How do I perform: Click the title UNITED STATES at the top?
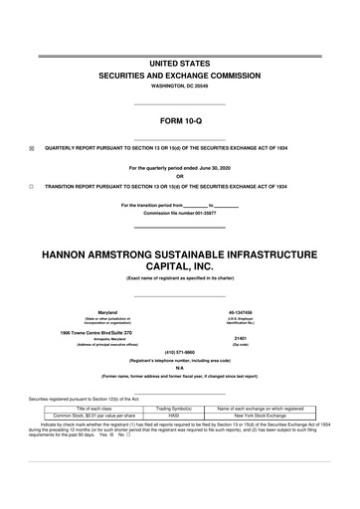179,63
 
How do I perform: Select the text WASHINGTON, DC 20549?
179,86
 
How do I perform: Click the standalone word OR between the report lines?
179,177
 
